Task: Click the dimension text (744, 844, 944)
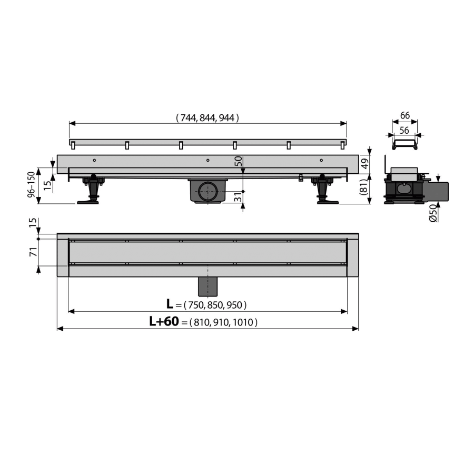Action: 208,117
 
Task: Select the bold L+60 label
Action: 164,321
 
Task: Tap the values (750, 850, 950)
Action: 215,305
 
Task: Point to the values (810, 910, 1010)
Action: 223,322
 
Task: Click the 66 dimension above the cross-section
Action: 405,115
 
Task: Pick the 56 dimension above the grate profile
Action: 404,130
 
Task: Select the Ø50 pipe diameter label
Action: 433,213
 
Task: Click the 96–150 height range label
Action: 32,185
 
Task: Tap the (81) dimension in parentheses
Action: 364,187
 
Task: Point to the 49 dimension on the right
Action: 365,164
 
